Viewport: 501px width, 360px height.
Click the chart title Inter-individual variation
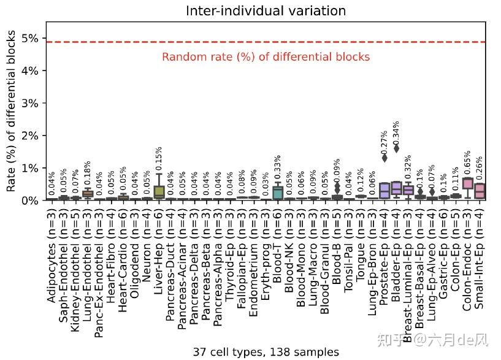[266, 11]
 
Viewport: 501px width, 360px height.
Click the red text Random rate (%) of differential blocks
[266, 57]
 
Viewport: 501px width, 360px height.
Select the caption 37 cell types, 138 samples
[266, 352]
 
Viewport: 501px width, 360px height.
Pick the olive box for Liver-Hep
[159, 191]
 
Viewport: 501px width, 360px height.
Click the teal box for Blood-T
[278, 193]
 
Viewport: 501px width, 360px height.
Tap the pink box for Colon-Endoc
[468, 183]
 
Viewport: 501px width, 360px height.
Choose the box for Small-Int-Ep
[480, 191]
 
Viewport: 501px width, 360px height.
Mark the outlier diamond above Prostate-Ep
[384, 158]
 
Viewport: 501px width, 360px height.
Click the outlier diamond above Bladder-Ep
[397, 148]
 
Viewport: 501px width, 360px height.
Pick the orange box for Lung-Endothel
[88, 194]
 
